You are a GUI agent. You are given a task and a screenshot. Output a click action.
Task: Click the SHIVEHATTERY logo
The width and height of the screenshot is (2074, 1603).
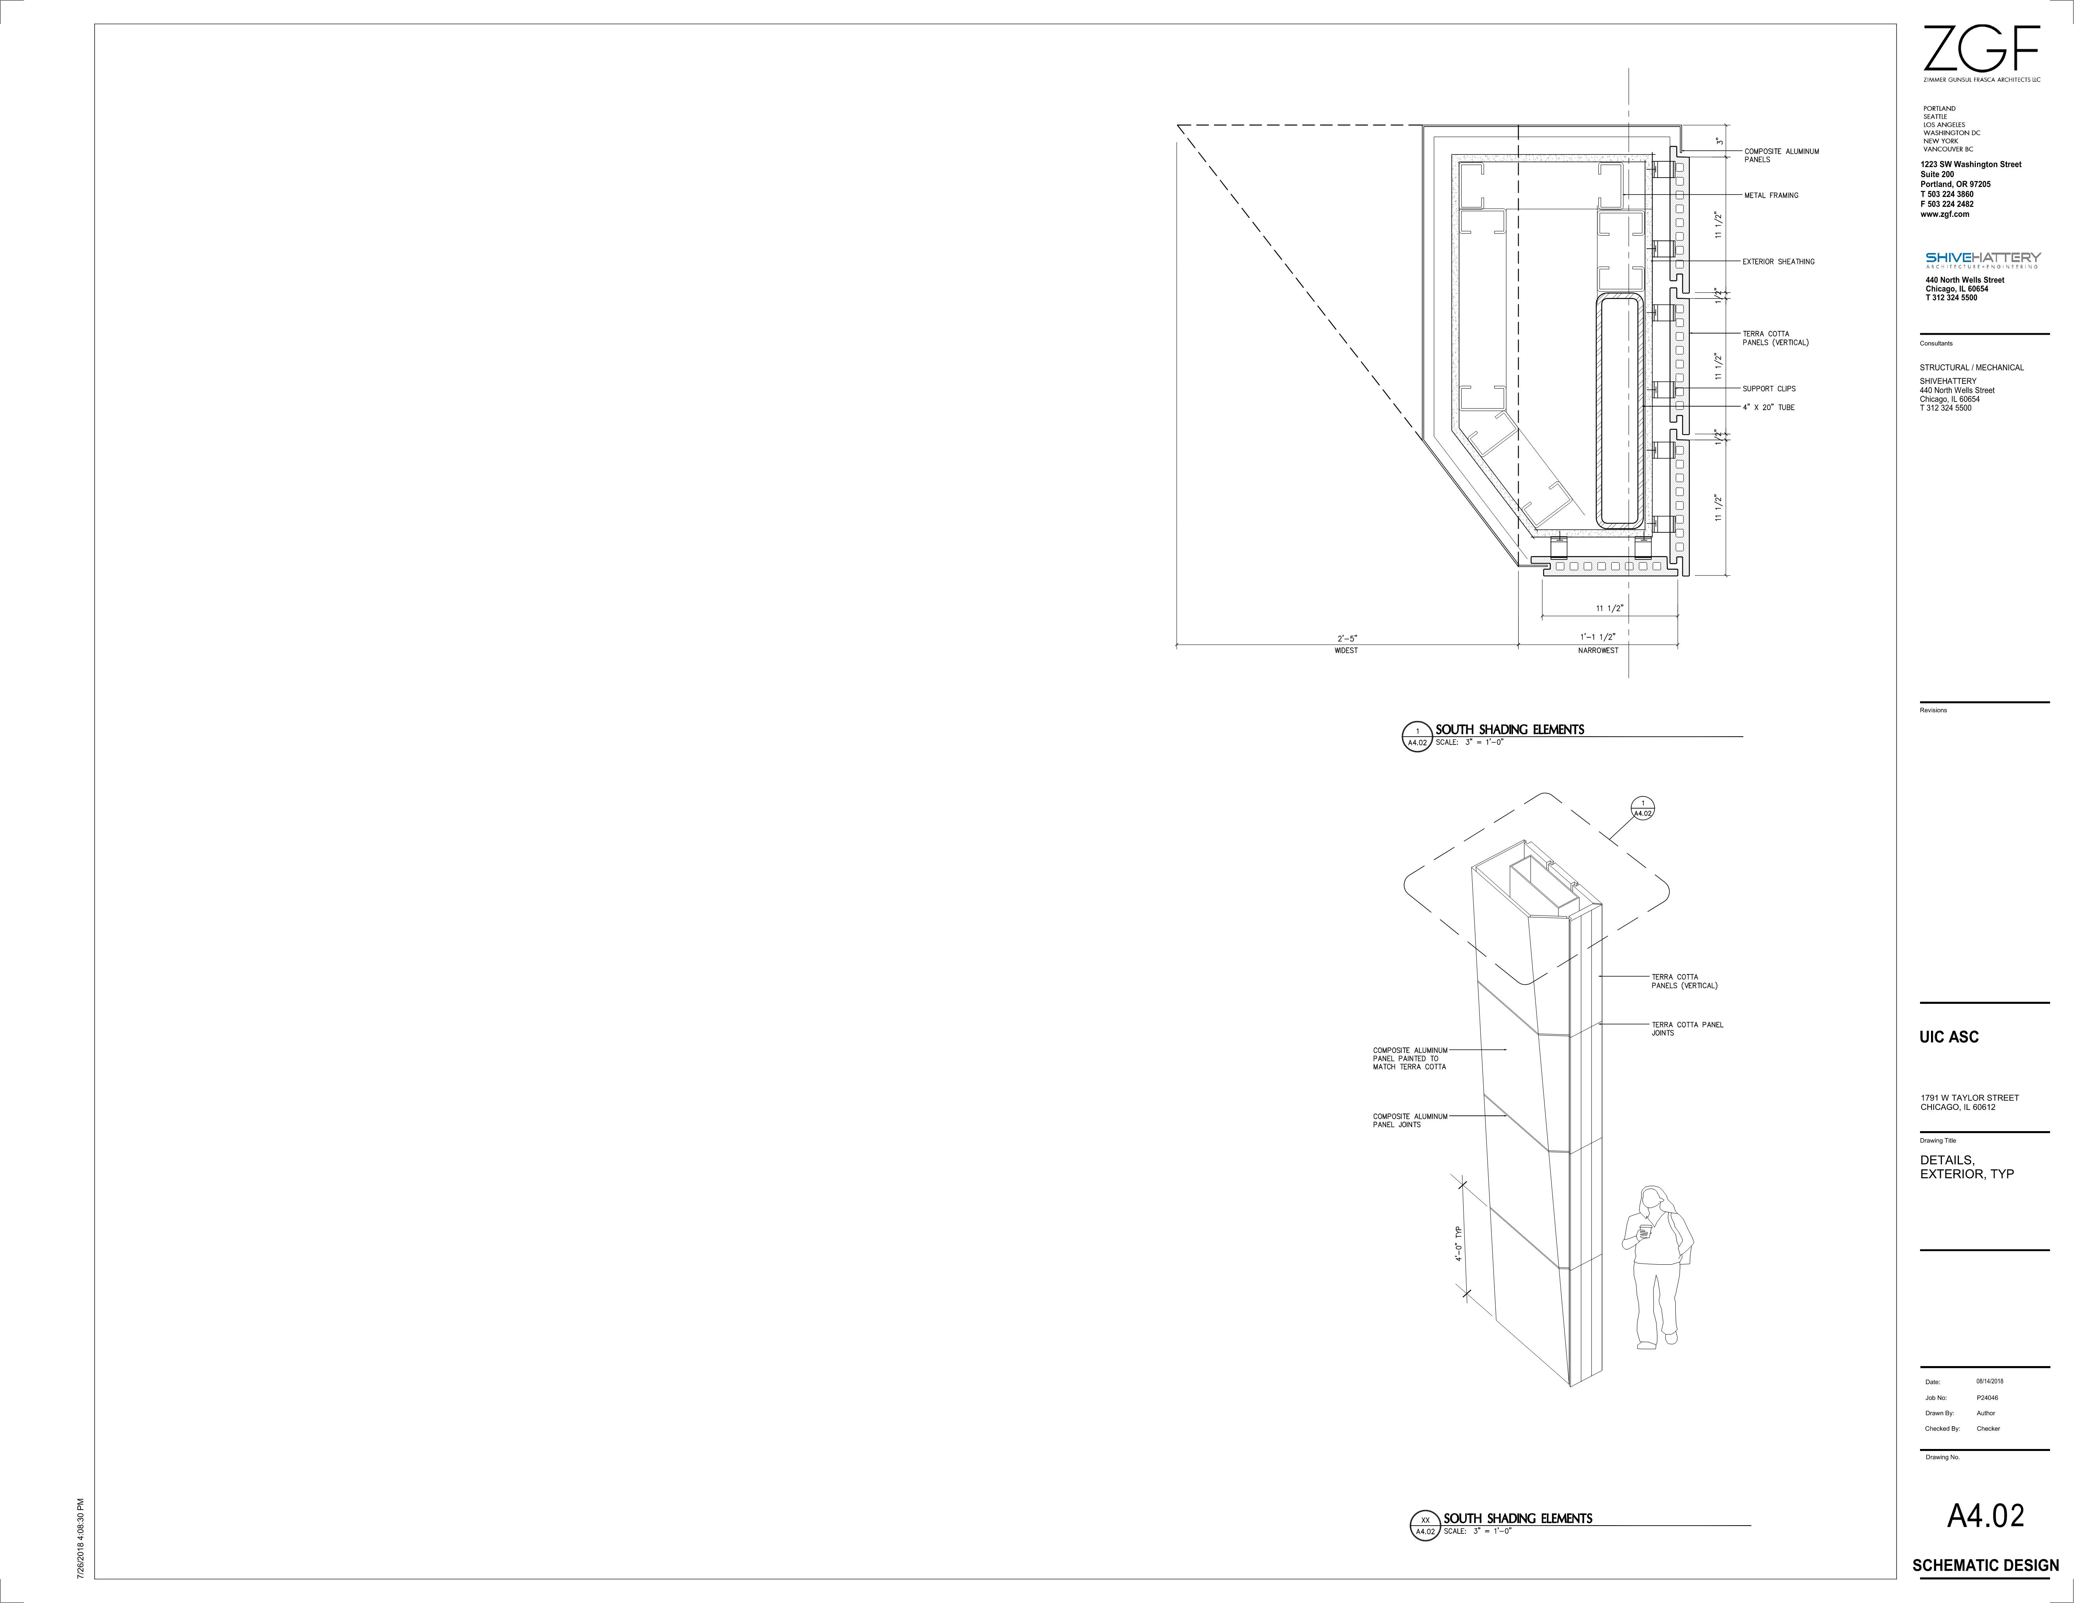pyautogui.click(x=1983, y=258)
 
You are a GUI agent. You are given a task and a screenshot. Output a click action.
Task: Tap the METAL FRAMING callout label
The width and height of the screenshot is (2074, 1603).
pyautogui.click(x=1771, y=196)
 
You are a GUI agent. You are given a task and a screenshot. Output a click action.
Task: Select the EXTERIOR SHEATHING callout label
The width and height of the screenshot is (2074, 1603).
pyautogui.click(x=1778, y=262)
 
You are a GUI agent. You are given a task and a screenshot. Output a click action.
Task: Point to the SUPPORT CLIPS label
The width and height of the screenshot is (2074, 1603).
pyautogui.click(x=1768, y=389)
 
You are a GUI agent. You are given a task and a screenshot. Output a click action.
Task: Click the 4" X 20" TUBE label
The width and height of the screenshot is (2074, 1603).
pyautogui.click(x=1768, y=407)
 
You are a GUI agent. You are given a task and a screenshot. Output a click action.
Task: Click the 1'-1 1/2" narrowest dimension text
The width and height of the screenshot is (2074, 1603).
pyautogui.click(x=1597, y=637)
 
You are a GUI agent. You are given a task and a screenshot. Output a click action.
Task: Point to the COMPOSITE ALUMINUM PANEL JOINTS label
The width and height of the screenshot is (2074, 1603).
pyautogui.click(x=1410, y=1121)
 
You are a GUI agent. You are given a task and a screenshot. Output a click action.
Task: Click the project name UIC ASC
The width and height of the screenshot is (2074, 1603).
pyautogui.click(x=1949, y=1037)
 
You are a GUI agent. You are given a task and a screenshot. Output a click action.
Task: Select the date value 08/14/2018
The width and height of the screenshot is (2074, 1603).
pyautogui.click(x=1990, y=1382)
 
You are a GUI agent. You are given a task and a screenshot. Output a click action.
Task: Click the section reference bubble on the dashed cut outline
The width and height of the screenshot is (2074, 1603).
pyautogui.click(x=1642, y=808)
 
